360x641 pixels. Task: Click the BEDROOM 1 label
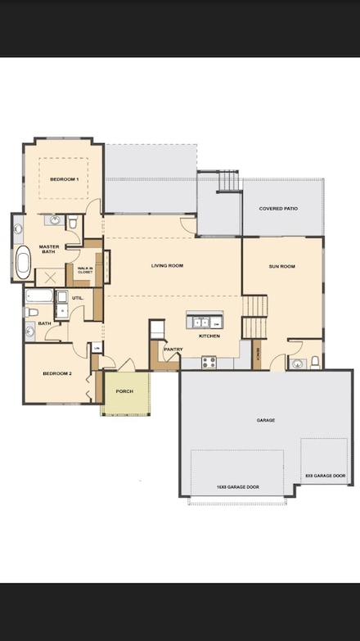tap(64, 178)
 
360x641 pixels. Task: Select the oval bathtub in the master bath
tap(23, 263)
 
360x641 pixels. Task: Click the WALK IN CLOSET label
tap(85, 269)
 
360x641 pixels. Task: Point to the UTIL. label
tap(77, 297)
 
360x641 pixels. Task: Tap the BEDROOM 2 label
tap(57, 373)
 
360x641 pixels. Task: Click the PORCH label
tap(124, 391)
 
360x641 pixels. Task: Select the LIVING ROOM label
tap(167, 265)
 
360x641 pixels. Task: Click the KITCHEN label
tap(209, 336)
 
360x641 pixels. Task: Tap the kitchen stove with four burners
tap(209, 361)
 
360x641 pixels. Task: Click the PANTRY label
tap(173, 349)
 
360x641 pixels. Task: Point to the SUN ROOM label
tap(281, 266)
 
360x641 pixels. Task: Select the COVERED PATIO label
tap(278, 209)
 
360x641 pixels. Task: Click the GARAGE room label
tap(265, 420)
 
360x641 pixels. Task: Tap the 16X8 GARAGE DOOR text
tap(237, 487)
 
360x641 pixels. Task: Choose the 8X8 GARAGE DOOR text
tap(325, 476)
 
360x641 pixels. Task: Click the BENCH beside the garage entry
tap(256, 354)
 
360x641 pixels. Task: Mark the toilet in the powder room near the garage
tap(314, 362)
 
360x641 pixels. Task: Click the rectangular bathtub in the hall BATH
tap(38, 296)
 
